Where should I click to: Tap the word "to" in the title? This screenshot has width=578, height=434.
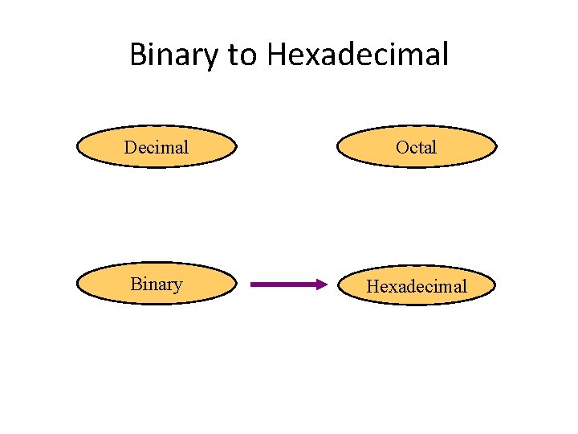tap(242, 55)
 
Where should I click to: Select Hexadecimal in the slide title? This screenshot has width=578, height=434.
tap(358, 55)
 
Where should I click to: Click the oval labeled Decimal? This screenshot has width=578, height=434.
tap(157, 147)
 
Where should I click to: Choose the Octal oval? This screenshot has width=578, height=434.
tap(417, 147)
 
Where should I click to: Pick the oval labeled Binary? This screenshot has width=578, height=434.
tap(157, 285)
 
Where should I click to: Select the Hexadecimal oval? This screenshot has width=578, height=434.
tap(417, 285)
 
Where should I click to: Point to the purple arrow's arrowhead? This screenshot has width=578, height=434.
tap(323, 284)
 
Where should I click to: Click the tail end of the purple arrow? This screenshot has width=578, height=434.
tap(254, 284)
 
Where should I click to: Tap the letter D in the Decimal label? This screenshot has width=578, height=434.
tap(129, 147)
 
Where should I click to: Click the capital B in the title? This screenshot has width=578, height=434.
tap(137, 55)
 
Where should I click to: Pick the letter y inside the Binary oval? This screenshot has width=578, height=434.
tap(177, 287)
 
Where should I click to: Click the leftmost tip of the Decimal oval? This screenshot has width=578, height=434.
tap(77, 147)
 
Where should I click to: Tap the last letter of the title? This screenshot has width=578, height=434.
tap(445, 55)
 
